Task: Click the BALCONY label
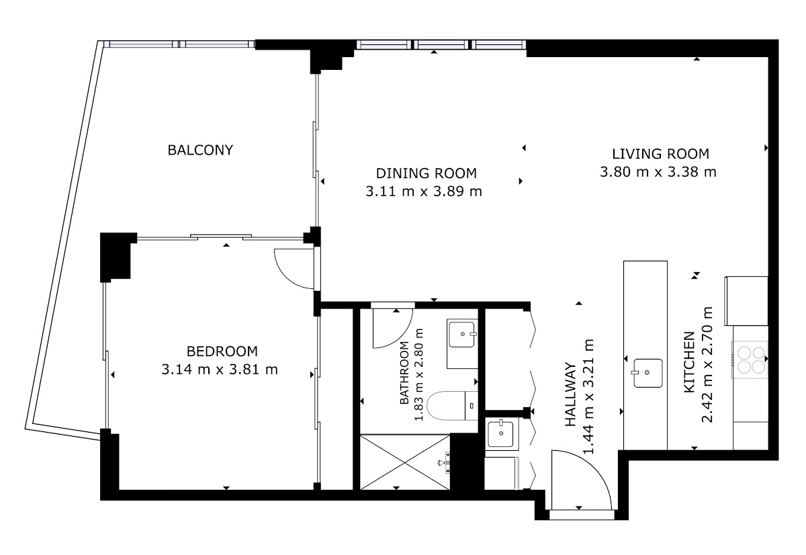[x=200, y=150]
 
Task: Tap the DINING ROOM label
[x=427, y=173]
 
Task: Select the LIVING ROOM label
[x=661, y=154]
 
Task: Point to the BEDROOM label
[x=222, y=351]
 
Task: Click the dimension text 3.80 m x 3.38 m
[x=658, y=172]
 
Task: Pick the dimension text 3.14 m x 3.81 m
[x=220, y=370]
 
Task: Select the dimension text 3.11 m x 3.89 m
[x=424, y=191]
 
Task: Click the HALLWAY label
[x=570, y=394]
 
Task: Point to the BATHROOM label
[x=404, y=372]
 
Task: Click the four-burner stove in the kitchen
[x=751, y=359]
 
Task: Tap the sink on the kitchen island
[x=647, y=373]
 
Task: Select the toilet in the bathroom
[x=452, y=406]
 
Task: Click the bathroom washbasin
[x=462, y=335]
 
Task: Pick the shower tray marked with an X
[x=405, y=462]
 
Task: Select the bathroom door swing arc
[x=401, y=337]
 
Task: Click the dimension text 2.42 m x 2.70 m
[x=707, y=364]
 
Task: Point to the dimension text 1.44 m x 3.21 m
[x=588, y=396]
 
